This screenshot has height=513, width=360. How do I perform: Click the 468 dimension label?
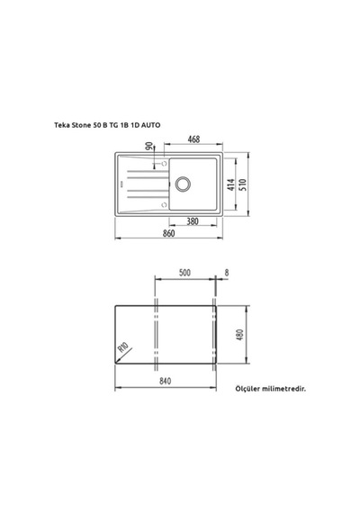point(193,139)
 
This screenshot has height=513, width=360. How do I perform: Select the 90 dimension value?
point(149,146)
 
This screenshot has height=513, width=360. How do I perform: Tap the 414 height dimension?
point(231,184)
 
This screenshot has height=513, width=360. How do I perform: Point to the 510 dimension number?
point(243,184)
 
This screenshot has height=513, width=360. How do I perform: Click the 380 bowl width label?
point(193,221)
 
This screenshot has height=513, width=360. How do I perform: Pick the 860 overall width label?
point(169,233)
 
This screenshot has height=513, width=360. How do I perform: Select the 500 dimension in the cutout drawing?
point(184,273)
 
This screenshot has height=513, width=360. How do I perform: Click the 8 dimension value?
point(227,273)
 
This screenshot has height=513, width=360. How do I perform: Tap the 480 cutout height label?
point(240,335)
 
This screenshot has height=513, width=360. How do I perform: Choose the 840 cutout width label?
point(166,382)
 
